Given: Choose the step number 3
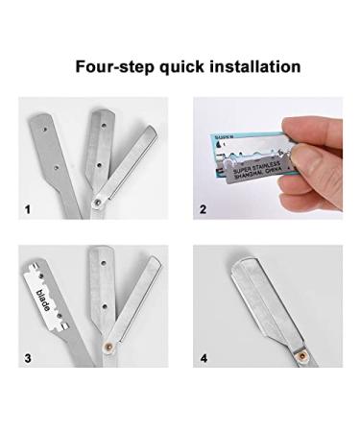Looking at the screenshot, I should tap(28, 359).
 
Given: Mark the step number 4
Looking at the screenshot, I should tap(203, 359).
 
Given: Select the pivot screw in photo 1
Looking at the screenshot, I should tap(98, 202).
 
